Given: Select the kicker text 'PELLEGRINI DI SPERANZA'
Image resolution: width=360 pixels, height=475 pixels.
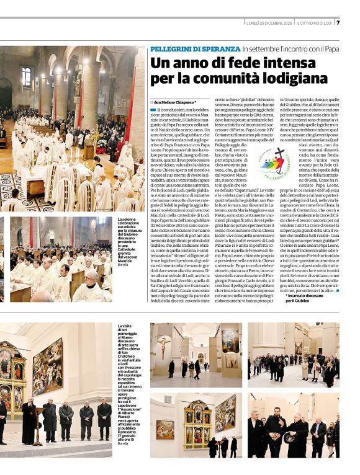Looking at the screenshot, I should (x=194, y=48).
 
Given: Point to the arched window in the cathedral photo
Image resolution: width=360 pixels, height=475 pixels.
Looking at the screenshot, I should (x=26, y=77).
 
